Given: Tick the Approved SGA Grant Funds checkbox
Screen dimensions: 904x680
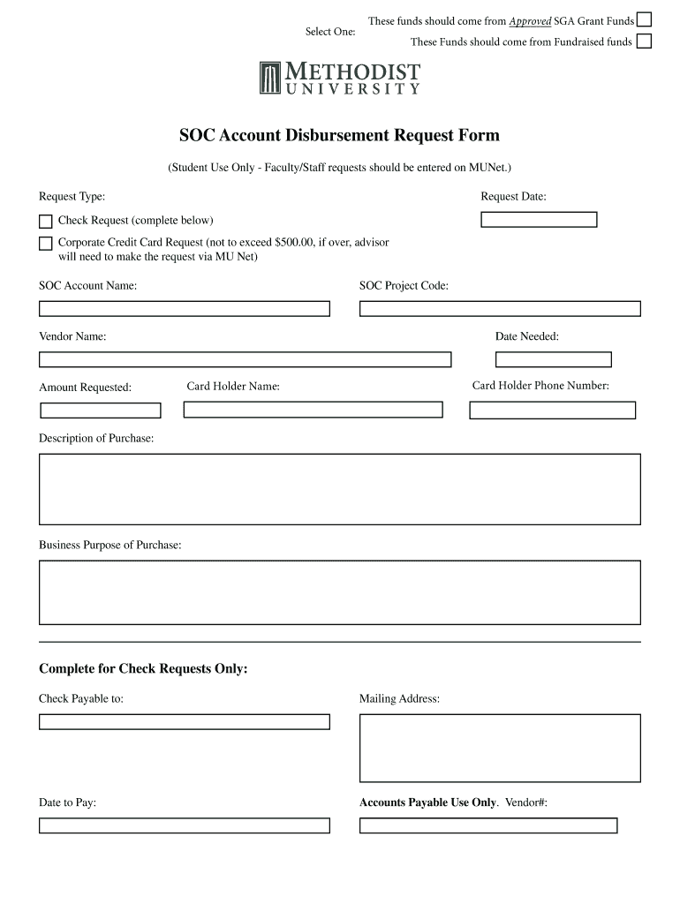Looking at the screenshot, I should click(x=645, y=19).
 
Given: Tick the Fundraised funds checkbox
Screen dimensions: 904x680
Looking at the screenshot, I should click(x=645, y=41).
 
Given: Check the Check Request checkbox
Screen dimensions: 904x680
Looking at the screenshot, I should click(x=46, y=221).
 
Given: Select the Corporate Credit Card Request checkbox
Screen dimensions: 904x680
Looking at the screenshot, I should click(x=46, y=243).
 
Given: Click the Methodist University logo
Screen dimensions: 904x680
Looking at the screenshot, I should click(x=340, y=78).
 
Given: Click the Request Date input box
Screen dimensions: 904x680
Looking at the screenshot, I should click(x=539, y=220).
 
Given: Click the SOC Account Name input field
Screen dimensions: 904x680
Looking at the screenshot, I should click(x=184, y=309).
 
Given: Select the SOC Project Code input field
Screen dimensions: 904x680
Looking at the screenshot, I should click(x=500, y=309).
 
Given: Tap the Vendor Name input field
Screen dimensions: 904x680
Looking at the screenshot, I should click(x=245, y=359).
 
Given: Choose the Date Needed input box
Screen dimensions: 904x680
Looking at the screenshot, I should click(x=554, y=359).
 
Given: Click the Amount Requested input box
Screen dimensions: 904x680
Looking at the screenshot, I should click(x=101, y=411).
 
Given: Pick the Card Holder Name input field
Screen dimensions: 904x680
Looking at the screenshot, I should click(x=313, y=410).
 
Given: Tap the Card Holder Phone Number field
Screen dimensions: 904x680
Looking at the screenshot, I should click(x=552, y=411).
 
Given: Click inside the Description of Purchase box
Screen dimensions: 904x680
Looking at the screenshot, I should click(x=340, y=489).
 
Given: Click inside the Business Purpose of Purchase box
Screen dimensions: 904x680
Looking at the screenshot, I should click(x=340, y=592).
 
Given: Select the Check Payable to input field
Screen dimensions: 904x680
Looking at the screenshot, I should click(x=184, y=722).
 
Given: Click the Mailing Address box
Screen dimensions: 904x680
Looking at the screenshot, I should click(x=500, y=748).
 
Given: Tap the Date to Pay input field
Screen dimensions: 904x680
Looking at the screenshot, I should click(x=184, y=825).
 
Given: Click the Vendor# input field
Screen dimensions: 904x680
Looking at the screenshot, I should click(x=488, y=825).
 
